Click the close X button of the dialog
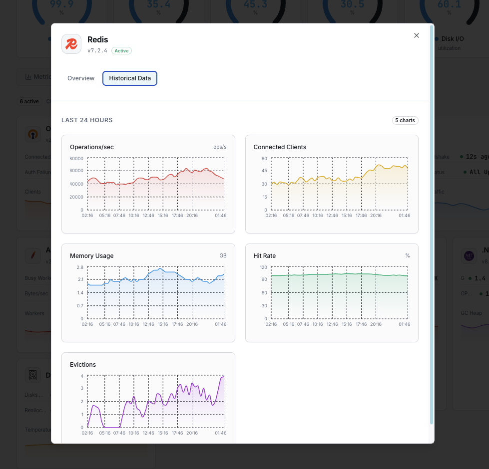(417, 35)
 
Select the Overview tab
(81, 78)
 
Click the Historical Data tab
(130, 78)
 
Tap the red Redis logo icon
(71, 44)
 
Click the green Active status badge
(121, 51)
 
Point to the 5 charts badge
(405, 120)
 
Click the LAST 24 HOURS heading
(87, 120)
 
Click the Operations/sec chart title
(92, 147)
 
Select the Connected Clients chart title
(280, 147)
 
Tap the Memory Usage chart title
(92, 256)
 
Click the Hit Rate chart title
(265, 256)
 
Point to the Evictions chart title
(83, 365)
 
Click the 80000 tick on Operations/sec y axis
(76, 159)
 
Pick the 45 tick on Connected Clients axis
(264, 171)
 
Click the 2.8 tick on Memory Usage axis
(80, 267)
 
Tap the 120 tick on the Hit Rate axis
(263, 267)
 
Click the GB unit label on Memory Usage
(223, 256)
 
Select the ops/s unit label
(220, 147)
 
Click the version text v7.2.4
(97, 51)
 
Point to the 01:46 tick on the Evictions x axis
(220, 433)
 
